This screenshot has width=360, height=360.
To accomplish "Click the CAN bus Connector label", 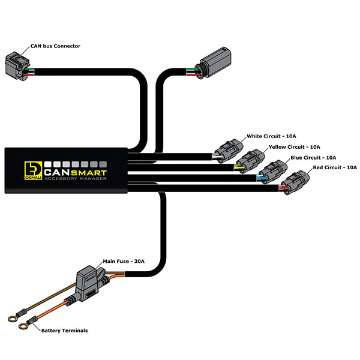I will [x=55, y=46].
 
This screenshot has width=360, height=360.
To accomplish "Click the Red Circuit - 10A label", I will [x=331, y=167].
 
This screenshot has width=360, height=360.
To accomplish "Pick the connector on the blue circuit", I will [x=272, y=170].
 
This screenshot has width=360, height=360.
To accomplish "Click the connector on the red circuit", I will [x=296, y=181].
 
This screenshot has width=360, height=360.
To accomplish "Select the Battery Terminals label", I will [x=64, y=331].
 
